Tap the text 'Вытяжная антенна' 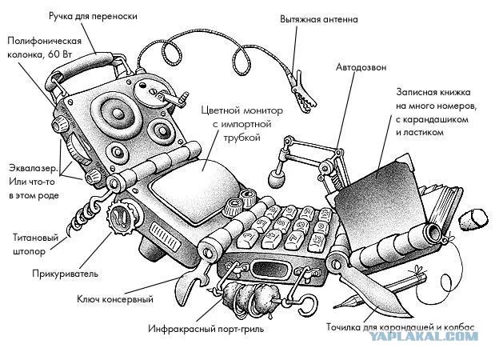318,18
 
